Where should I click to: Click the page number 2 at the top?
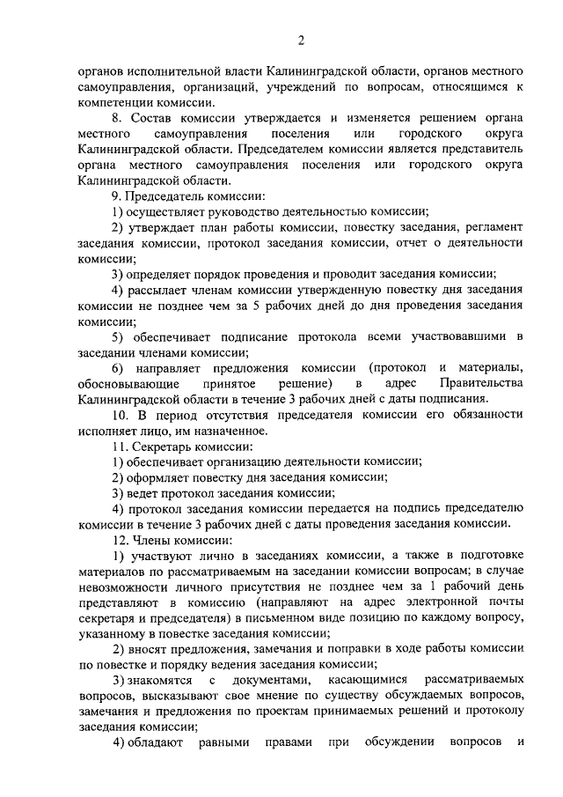(301, 40)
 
